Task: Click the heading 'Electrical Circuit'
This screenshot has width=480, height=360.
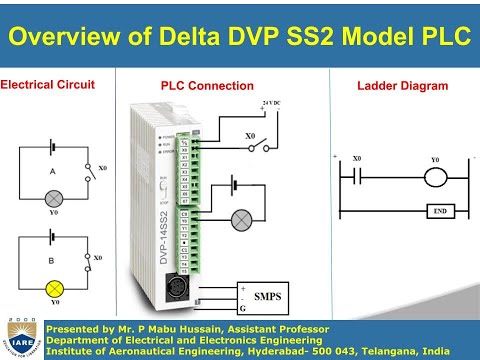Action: [x=47, y=85]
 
